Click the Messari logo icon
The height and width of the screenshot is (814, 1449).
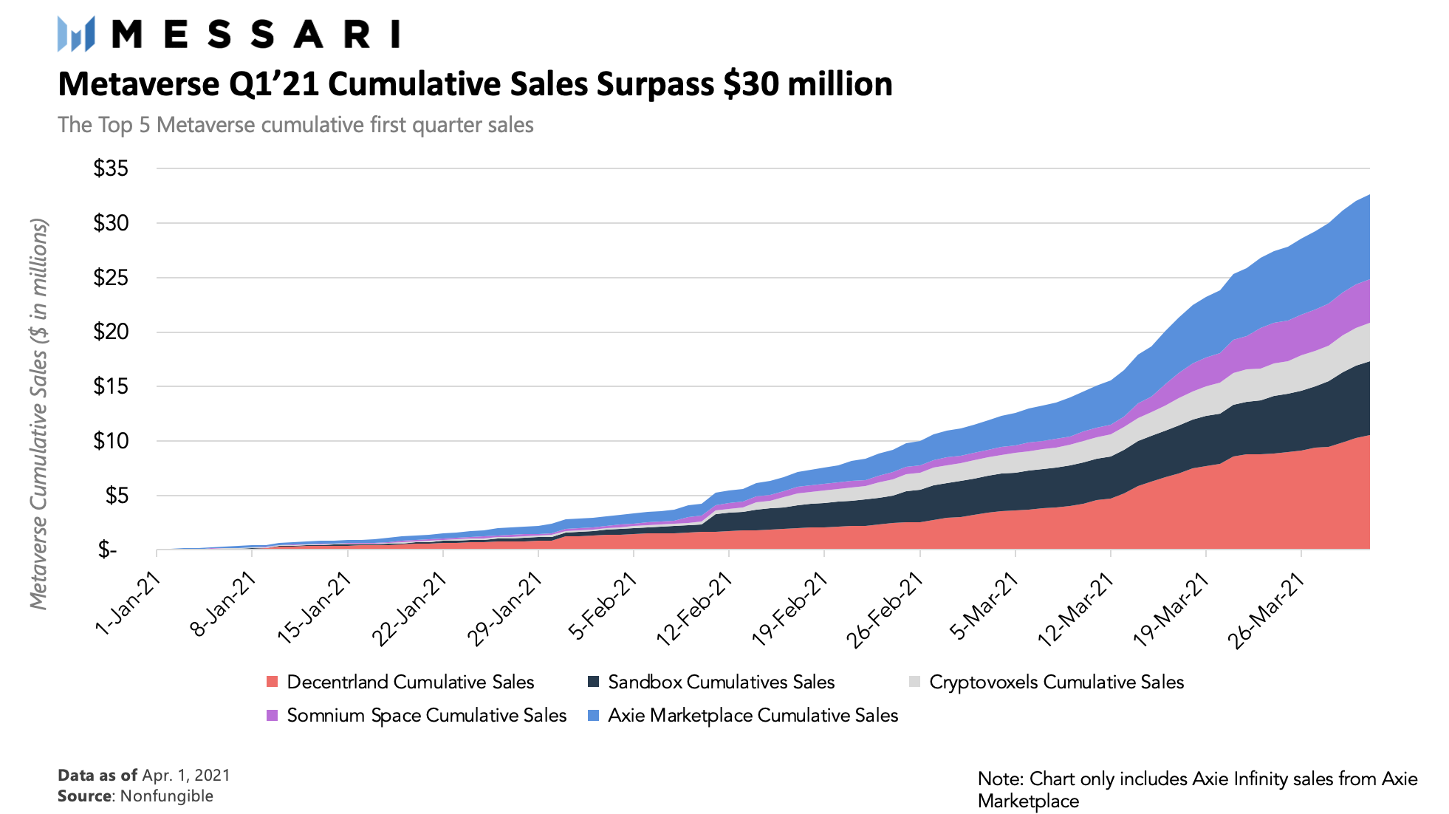point(76,34)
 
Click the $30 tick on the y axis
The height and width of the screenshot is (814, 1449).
point(111,223)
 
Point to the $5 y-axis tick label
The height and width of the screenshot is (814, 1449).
point(115,496)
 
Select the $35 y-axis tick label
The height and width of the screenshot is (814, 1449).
point(111,168)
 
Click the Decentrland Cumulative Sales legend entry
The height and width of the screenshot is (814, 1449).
point(410,682)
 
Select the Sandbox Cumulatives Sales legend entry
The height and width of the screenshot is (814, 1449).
point(721,682)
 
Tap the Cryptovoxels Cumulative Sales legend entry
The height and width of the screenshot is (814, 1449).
point(1056,682)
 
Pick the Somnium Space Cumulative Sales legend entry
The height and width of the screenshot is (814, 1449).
point(426,715)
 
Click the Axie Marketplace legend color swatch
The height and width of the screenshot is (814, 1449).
point(594,716)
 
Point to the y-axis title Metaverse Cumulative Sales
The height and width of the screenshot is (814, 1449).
point(38,414)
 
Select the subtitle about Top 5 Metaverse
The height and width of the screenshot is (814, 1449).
point(295,125)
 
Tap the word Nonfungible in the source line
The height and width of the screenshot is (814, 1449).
point(167,796)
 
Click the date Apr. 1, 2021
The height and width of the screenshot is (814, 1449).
point(186,776)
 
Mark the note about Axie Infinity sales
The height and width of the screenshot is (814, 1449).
point(1197,790)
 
